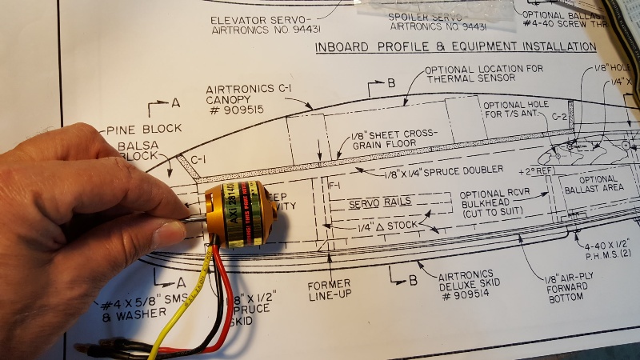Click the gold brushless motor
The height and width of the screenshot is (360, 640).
click(x=240, y=216)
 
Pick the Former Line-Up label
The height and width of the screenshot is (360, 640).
click(x=330, y=290)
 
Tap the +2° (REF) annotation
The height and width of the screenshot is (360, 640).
click(x=536, y=172)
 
